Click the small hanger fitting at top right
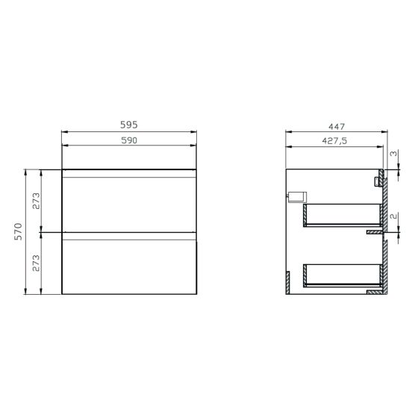[376, 180]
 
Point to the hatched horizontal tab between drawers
[372, 232]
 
